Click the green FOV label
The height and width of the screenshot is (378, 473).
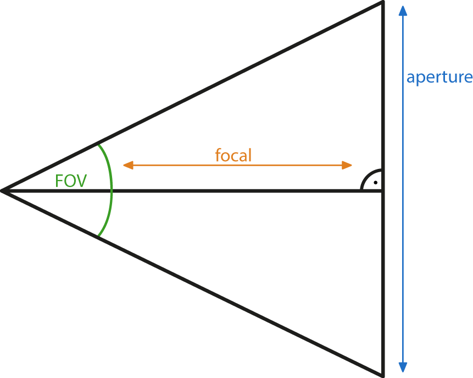coord(71,181)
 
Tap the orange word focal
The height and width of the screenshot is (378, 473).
coord(233,156)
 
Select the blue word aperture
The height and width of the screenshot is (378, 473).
coord(439,77)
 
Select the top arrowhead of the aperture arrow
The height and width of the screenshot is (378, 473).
coord(403,10)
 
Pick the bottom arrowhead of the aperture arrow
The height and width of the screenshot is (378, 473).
coord(403,367)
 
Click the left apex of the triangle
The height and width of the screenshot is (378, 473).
coord(3,191)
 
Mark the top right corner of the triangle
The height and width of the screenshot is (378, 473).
coord(382,3)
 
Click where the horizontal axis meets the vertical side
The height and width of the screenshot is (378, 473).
coord(382,191)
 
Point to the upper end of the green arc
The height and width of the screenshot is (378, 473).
coord(98,145)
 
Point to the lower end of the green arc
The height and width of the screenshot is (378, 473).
coord(98,236)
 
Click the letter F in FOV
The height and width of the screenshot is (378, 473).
coord(59,181)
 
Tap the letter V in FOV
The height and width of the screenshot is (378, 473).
coord(81,181)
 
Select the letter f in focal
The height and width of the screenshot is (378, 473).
coord(218,156)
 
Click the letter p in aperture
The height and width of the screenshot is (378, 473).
coord(420,79)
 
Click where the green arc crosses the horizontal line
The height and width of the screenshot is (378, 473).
coord(112,191)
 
